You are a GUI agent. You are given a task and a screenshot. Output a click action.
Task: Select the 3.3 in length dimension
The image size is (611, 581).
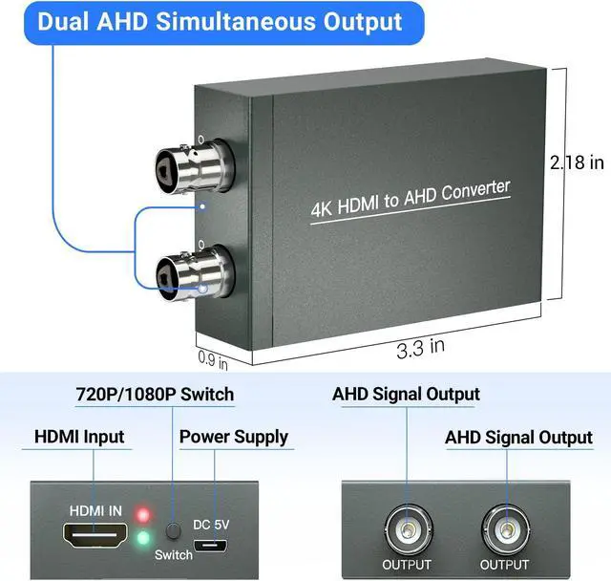421,346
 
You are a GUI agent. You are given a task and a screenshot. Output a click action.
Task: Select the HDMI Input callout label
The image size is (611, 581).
79,437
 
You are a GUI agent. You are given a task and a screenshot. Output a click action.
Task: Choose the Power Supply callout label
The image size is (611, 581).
234,437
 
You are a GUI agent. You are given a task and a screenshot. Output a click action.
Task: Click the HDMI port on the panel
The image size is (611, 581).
94,537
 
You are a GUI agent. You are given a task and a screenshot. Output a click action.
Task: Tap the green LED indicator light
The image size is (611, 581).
142,537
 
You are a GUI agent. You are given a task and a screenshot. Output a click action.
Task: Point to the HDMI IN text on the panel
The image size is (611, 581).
94,511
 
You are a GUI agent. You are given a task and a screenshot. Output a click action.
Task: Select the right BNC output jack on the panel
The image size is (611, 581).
503,528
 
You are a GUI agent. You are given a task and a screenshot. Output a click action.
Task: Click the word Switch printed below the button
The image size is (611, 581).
174,554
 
